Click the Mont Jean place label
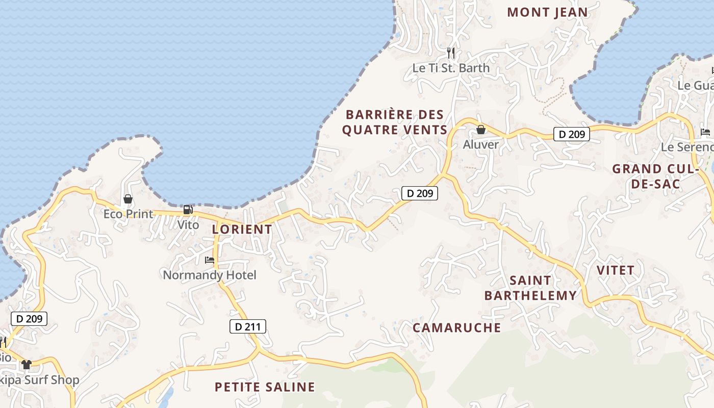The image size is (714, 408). coord(547,12)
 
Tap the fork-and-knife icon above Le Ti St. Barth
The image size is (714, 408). coord(451,53)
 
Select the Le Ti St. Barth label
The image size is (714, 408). coord(451,68)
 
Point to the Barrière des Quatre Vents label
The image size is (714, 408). coord(395,122)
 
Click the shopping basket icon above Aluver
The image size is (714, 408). coord(480,130)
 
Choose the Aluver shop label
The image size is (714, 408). coord(480,144)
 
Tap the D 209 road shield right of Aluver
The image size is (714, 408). coord(572,134)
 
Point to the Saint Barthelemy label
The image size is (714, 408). coord(530,288)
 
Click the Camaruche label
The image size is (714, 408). coord(456,327)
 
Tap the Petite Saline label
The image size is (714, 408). coord(265,387)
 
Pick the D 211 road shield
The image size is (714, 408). coord(248,326)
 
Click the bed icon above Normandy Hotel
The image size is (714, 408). coord(210,260)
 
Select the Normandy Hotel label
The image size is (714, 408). coord(210,275)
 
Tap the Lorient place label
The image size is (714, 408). coord(242,229)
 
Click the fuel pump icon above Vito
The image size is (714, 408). coord(188,210)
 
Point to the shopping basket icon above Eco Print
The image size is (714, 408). coord(128,199)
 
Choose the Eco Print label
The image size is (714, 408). coord(128,214)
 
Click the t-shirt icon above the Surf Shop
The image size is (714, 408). coord(27,365)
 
